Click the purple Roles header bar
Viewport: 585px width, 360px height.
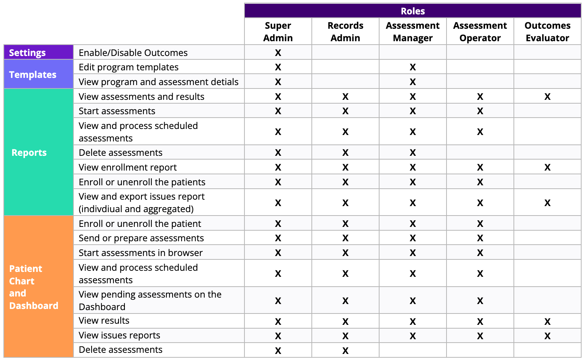pyautogui.click(x=412, y=11)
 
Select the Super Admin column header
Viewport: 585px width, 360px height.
pyautogui.click(x=278, y=32)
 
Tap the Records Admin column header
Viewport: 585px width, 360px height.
pyautogui.click(x=345, y=32)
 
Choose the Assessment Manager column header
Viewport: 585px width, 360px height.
pyautogui.click(x=412, y=32)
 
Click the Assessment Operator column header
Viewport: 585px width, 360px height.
pyautogui.click(x=480, y=32)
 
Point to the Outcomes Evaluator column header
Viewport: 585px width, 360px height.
pyautogui.click(x=548, y=32)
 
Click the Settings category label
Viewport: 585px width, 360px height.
pyautogui.click(x=27, y=53)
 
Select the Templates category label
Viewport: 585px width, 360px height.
pyautogui.click(x=33, y=74)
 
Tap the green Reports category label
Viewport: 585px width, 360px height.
pyautogui.click(x=29, y=152)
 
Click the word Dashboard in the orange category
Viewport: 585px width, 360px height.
pyautogui.click(x=34, y=306)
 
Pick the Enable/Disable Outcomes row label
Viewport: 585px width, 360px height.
pyautogui.click(x=133, y=53)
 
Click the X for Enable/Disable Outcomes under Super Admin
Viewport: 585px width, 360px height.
pyautogui.click(x=278, y=53)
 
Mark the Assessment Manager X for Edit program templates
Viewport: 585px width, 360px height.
pyautogui.click(x=412, y=67)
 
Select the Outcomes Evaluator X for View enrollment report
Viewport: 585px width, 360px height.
pyautogui.click(x=548, y=167)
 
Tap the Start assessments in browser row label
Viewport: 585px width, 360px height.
pyautogui.click(x=141, y=253)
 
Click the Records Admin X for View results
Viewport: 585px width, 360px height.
pyautogui.click(x=345, y=321)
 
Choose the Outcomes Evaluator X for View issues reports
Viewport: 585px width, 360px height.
pyautogui.click(x=548, y=336)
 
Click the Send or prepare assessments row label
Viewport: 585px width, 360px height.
pyautogui.click(x=141, y=238)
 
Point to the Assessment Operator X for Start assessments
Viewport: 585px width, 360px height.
pyautogui.click(x=480, y=111)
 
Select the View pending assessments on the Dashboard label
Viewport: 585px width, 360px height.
pyautogui.click(x=150, y=300)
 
